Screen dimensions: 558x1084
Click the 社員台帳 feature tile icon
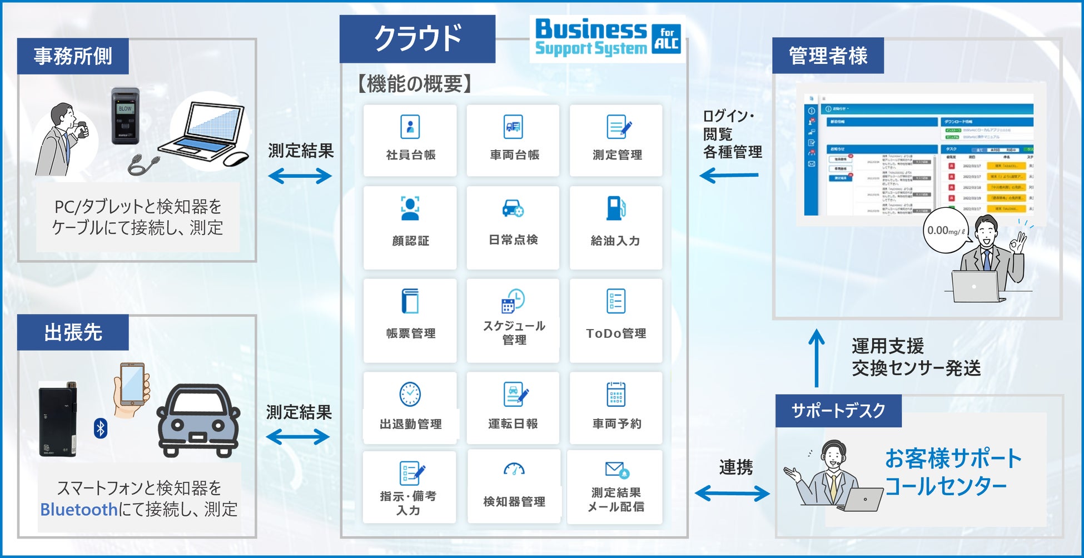410,127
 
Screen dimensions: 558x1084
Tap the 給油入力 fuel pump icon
616,209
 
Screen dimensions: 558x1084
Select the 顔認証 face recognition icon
410,209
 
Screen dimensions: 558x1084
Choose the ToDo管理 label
616,333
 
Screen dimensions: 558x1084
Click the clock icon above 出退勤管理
410,394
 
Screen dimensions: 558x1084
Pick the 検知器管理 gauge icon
514,470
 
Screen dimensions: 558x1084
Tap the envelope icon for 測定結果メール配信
616,470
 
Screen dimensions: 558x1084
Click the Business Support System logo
607,38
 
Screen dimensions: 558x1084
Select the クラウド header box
417,38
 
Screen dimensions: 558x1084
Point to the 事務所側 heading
73,56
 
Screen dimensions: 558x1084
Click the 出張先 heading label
73,332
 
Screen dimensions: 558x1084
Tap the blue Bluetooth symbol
101,429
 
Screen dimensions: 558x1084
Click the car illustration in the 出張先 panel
198,420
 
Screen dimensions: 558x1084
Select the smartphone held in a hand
132,385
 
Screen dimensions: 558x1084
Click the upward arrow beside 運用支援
816,358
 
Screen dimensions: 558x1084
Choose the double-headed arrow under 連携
732,493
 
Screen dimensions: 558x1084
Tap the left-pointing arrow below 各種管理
729,176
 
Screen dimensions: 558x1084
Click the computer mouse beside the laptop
236,159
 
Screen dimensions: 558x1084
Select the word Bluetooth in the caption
79,509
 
